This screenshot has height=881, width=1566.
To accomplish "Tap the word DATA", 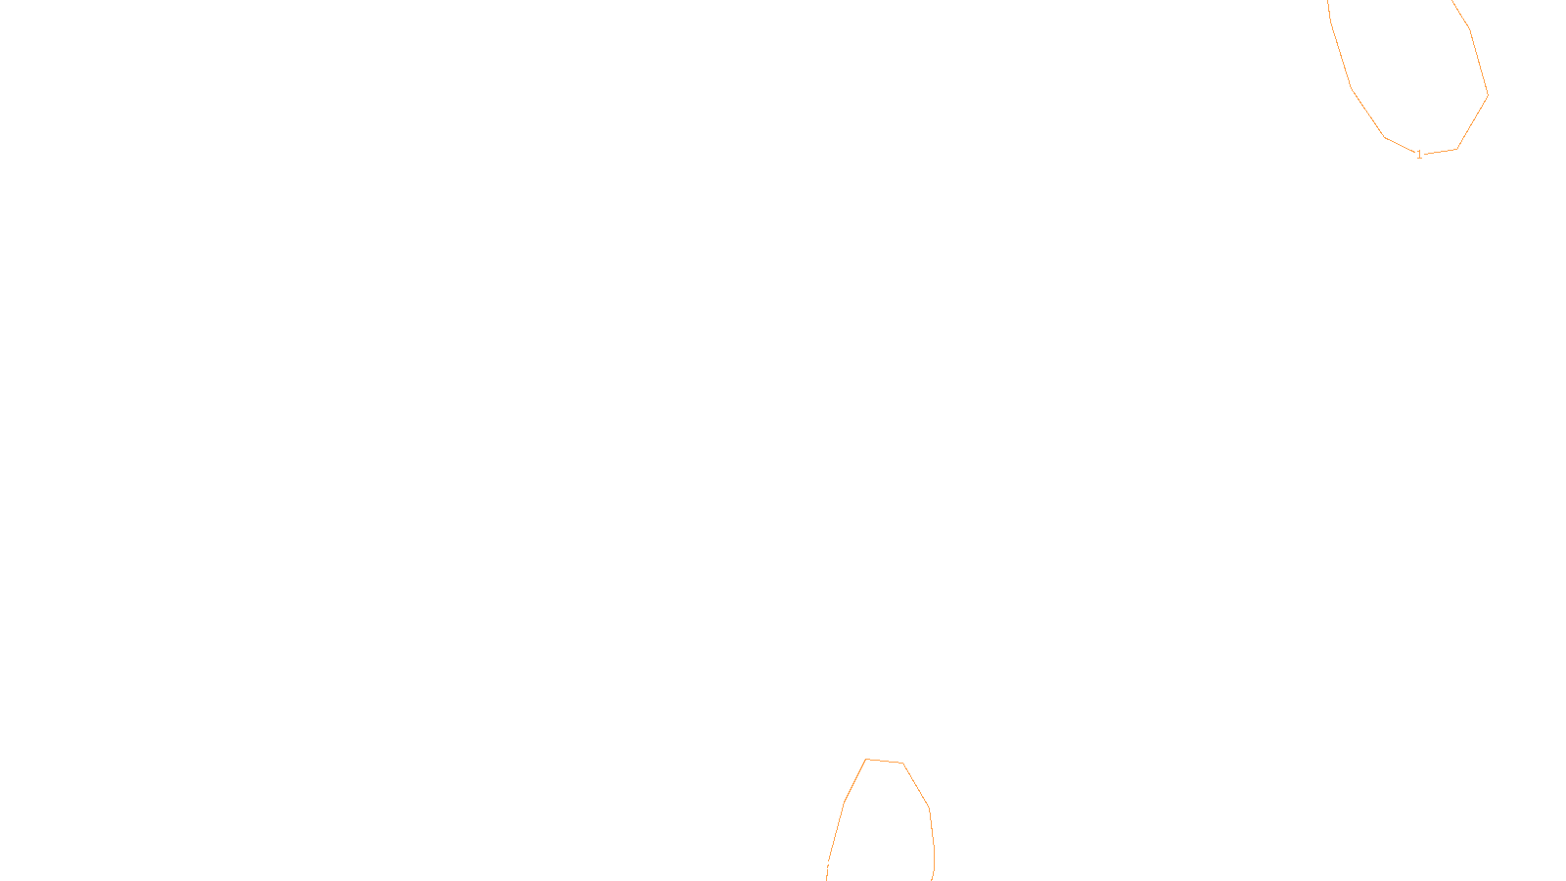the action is click(827, 865).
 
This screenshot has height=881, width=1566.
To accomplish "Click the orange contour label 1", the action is click(1419, 155).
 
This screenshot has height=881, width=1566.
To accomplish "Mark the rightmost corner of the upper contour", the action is click(1488, 95).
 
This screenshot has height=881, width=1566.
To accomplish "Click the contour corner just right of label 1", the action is click(1457, 149).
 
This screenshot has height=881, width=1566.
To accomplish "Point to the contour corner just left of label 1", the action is click(1385, 137).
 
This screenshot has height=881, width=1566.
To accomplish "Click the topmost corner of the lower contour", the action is click(866, 759).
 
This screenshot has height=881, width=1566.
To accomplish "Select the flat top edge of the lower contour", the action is click(884, 761).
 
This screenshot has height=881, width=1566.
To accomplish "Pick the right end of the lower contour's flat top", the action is click(902, 763).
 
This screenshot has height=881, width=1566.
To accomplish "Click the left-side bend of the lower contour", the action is click(844, 803).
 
